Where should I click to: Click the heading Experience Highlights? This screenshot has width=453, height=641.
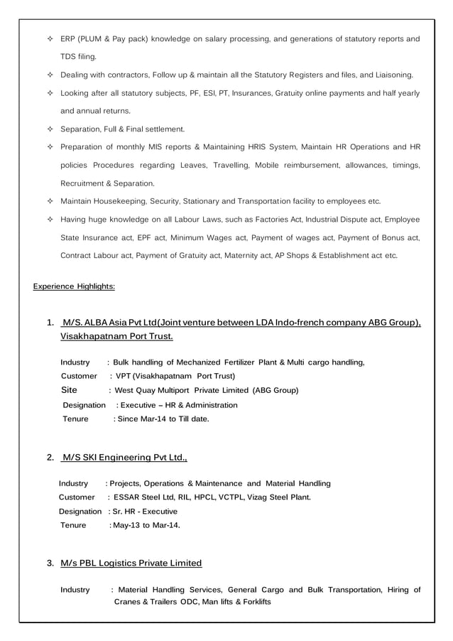pos(75,286)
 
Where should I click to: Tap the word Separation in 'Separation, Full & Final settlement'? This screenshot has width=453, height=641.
pos(82,129)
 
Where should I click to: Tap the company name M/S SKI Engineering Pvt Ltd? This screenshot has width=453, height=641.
pos(124,457)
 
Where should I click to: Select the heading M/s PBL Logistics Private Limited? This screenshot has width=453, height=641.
pos(131,564)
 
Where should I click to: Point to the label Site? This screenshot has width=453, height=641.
pos(70,390)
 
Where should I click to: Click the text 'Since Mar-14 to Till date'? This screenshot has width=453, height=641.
pos(163,419)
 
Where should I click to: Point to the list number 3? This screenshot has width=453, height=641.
pos(50,564)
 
